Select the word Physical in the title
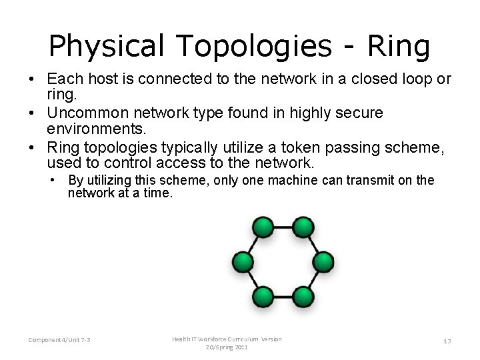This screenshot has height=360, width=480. [104, 46]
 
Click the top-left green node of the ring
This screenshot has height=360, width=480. [263, 227]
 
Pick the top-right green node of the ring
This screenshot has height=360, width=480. [303, 227]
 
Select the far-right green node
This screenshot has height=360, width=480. [323, 261]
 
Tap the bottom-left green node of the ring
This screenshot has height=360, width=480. [263, 295]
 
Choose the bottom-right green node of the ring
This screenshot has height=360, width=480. [303, 295]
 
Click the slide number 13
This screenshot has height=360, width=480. [447, 341]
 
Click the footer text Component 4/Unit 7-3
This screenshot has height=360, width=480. [59, 341]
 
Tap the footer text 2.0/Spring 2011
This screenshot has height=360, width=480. [227, 348]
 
